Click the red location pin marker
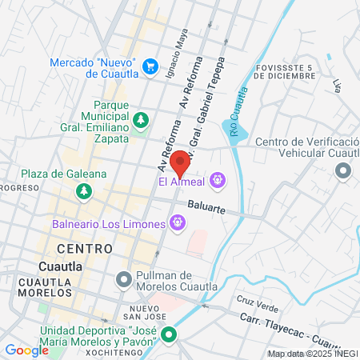tap(181, 162)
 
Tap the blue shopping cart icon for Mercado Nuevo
tap(150, 66)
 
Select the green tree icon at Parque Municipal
tap(141, 120)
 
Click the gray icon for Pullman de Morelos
tap(123, 280)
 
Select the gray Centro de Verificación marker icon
tap(344, 170)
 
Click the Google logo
tap(26, 350)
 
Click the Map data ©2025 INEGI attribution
tap(313, 353)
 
